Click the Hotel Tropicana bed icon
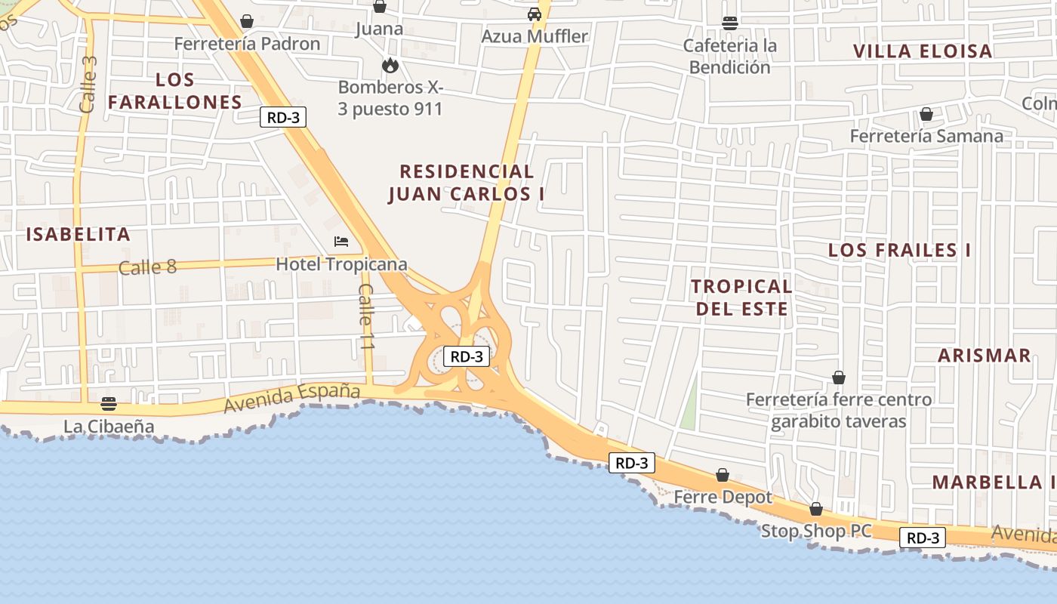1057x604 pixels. [x=341, y=242]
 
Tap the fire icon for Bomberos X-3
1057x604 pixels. [x=390, y=65]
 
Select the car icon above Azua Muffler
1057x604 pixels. [x=535, y=14]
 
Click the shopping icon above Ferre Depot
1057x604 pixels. [x=723, y=475]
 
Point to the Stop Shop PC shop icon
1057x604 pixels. [x=815, y=509]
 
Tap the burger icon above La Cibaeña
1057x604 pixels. [x=109, y=403]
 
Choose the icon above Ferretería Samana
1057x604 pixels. [x=926, y=114]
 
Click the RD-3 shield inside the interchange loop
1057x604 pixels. [x=467, y=357]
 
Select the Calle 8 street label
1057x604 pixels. [x=147, y=267]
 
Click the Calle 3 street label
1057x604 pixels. [x=88, y=84]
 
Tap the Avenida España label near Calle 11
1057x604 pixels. [x=292, y=398]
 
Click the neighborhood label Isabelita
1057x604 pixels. [x=79, y=234]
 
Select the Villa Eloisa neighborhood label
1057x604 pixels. [x=923, y=51]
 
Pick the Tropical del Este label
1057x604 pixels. [x=741, y=297]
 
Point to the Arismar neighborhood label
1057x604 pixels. [x=984, y=356]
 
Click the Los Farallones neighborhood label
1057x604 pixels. [x=175, y=91]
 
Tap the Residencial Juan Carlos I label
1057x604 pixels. [x=467, y=183]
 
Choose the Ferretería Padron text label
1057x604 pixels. [x=247, y=44]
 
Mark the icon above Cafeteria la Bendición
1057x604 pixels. [x=729, y=23]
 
